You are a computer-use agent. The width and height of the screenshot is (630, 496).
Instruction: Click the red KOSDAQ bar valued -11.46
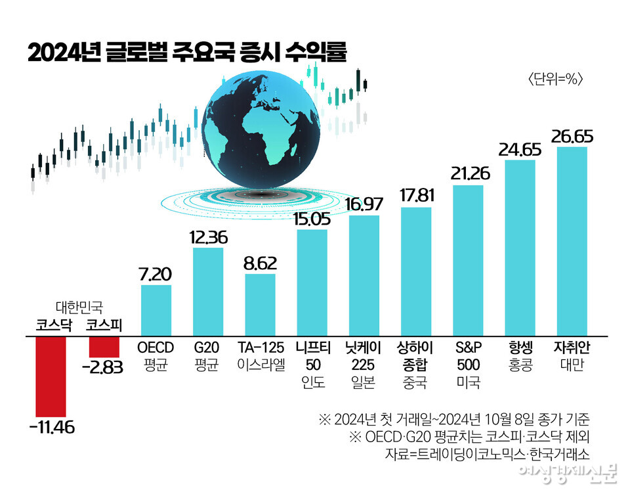click(x=51, y=374)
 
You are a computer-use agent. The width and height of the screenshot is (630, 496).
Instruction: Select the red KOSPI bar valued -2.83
click(x=104, y=346)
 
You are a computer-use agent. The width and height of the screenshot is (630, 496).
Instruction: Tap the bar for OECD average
click(x=156, y=310)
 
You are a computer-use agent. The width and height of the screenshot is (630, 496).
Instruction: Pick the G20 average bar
click(x=208, y=292)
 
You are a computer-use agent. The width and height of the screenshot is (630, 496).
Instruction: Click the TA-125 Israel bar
click(x=260, y=305)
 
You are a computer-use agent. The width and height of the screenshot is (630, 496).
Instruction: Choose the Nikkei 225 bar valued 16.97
click(x=364, y=275)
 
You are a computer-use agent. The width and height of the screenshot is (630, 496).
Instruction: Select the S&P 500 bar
click(x=468, y=260)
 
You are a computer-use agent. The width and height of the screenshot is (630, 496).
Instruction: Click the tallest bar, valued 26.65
click(x=572, y=241)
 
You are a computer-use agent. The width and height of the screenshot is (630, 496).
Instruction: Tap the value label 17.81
click(x=416, y=196)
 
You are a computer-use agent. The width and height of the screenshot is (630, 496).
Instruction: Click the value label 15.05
click(x=312, y=218)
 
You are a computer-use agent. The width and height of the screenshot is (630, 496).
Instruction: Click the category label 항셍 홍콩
click(x=520, y=355)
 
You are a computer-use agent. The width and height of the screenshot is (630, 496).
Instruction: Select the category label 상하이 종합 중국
click(x=416, y=364)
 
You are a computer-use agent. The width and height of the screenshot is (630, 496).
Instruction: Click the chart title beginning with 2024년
click(x=186, y=53)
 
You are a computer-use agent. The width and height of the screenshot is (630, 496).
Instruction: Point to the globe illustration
click(x=262, y=131)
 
